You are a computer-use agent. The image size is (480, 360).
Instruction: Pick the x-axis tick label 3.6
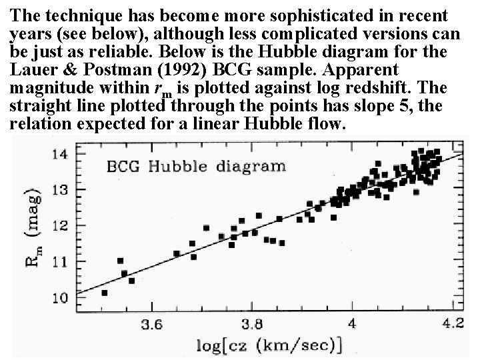coord(151,325)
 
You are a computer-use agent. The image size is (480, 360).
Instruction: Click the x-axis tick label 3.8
coord(251,325)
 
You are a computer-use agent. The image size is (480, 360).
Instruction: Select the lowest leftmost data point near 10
coord(104,292)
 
